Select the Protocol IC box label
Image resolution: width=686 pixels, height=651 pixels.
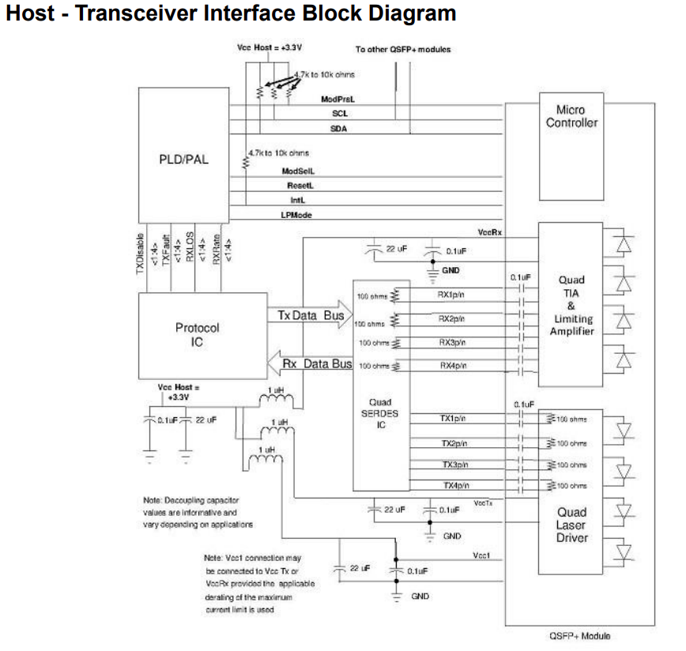click(x=198, y=335)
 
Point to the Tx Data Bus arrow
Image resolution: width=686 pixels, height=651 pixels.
click(x=312, y=316)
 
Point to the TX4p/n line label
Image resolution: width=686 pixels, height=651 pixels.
click(x=454, y=485)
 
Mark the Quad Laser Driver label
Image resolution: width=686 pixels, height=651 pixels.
click(x=571, y=525)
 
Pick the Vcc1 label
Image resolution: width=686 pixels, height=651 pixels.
click(x=482, y=555)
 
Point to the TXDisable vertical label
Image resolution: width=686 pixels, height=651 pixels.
click(x=141, y=255)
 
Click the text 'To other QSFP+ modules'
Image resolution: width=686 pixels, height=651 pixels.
click(x=403, y=50)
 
